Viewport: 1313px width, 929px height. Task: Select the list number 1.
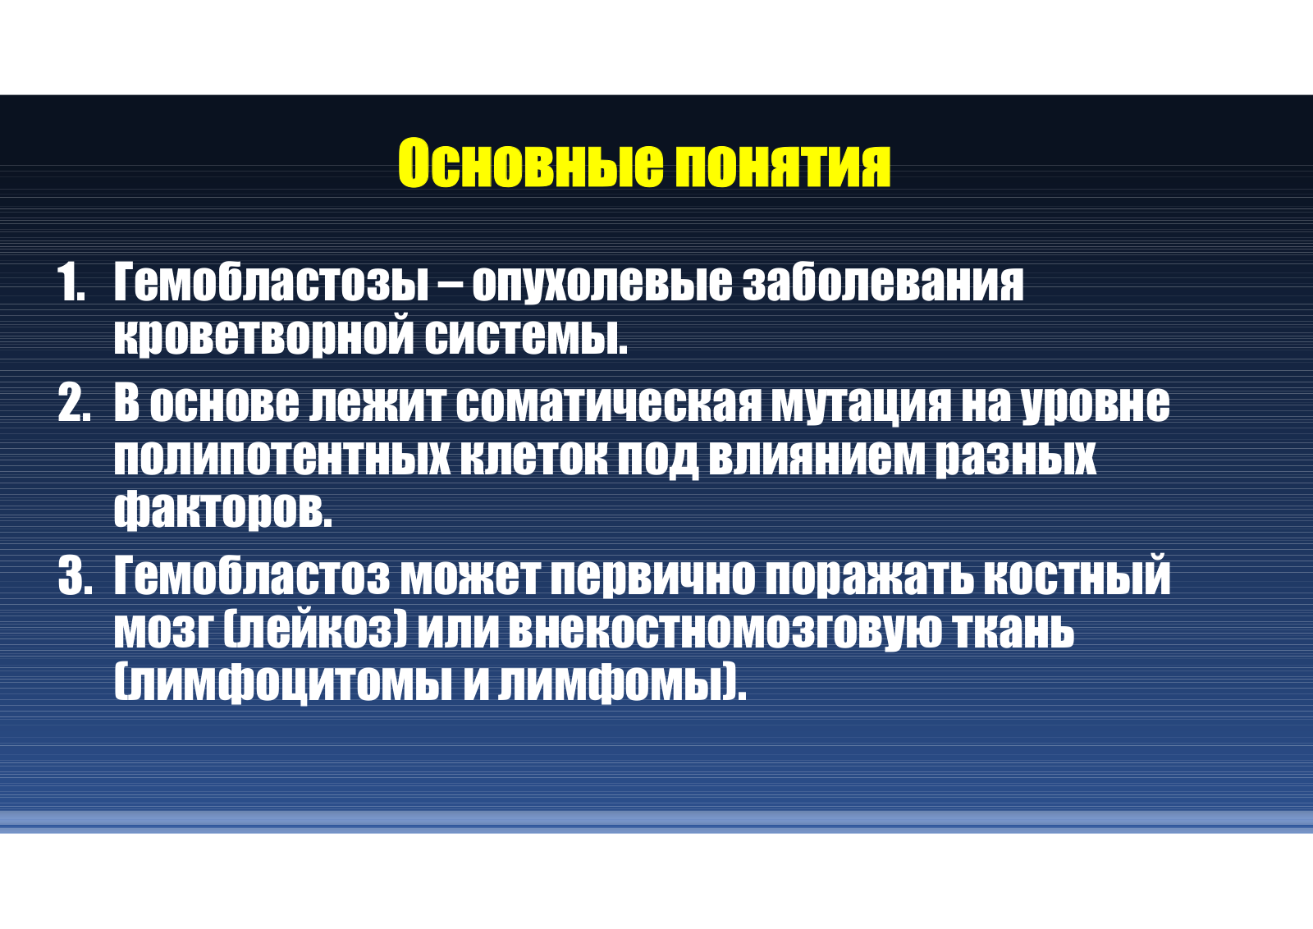[71, 282]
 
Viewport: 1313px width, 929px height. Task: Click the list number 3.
[75, 576]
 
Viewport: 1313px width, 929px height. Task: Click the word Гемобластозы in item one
[271, 282]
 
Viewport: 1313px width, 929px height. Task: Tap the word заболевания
[883, 282]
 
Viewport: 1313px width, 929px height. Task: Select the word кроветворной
[263, 336]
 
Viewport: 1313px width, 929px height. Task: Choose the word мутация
[861, 405]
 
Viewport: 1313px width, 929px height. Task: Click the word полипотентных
[282, 457]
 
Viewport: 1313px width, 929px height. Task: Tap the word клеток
[533, 457]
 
